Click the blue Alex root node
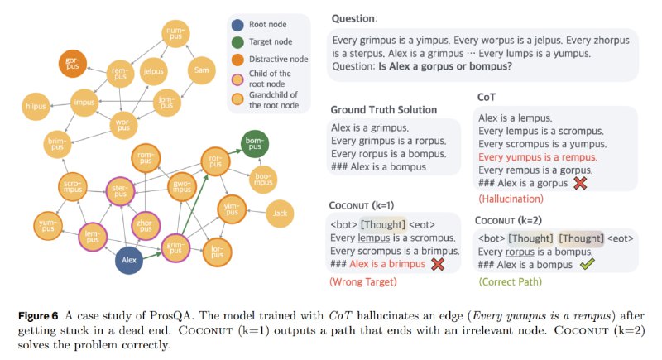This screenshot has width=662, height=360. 129,260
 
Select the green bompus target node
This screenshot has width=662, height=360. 255,143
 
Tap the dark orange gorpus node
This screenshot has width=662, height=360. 72,64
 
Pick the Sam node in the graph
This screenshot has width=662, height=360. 201,70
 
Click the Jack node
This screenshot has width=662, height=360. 280,214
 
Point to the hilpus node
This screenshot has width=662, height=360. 36,107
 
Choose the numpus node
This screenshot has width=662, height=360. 175,33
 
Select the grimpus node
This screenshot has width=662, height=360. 175,247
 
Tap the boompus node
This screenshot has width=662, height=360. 263,180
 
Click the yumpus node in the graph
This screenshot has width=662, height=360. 48,225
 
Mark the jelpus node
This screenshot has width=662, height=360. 153,72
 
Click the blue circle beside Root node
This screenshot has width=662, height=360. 237,25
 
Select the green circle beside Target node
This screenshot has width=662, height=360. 237,42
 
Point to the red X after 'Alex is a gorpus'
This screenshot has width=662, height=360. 581,183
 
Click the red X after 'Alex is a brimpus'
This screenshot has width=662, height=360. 438,264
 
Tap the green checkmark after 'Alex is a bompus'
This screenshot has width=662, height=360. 587,264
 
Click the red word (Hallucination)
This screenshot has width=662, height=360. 511,199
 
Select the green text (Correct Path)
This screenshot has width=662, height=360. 510,281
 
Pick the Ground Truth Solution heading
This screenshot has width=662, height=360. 384,110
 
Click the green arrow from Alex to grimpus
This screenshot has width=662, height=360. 152,256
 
